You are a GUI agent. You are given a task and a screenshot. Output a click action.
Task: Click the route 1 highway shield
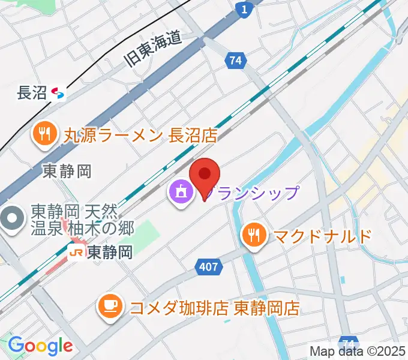pyautogui.click(x=243, y=9)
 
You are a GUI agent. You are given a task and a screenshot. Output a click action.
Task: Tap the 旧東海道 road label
pyautogui.click(x=153, y=49)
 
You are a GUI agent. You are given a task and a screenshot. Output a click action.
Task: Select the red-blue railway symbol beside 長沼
pyautogui.click(x=58, y=93)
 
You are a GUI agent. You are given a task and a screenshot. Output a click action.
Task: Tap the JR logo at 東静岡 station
pyautogui.click(x=76, y=253)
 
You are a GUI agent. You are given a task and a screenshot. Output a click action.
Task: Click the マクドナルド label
pyautogui.click(x=323, y=236)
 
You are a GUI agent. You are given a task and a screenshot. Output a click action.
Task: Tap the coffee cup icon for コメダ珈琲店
pyautogui.click(x=110, y=308)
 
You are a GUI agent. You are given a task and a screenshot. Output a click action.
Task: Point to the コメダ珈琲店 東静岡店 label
pyautogui.click(x=215, y=308)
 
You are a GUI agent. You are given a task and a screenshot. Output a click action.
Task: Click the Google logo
pyautogui.click(x=40, y=346)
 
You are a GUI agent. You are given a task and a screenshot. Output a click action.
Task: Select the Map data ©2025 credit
pyautogui.click(x=358, y=351)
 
